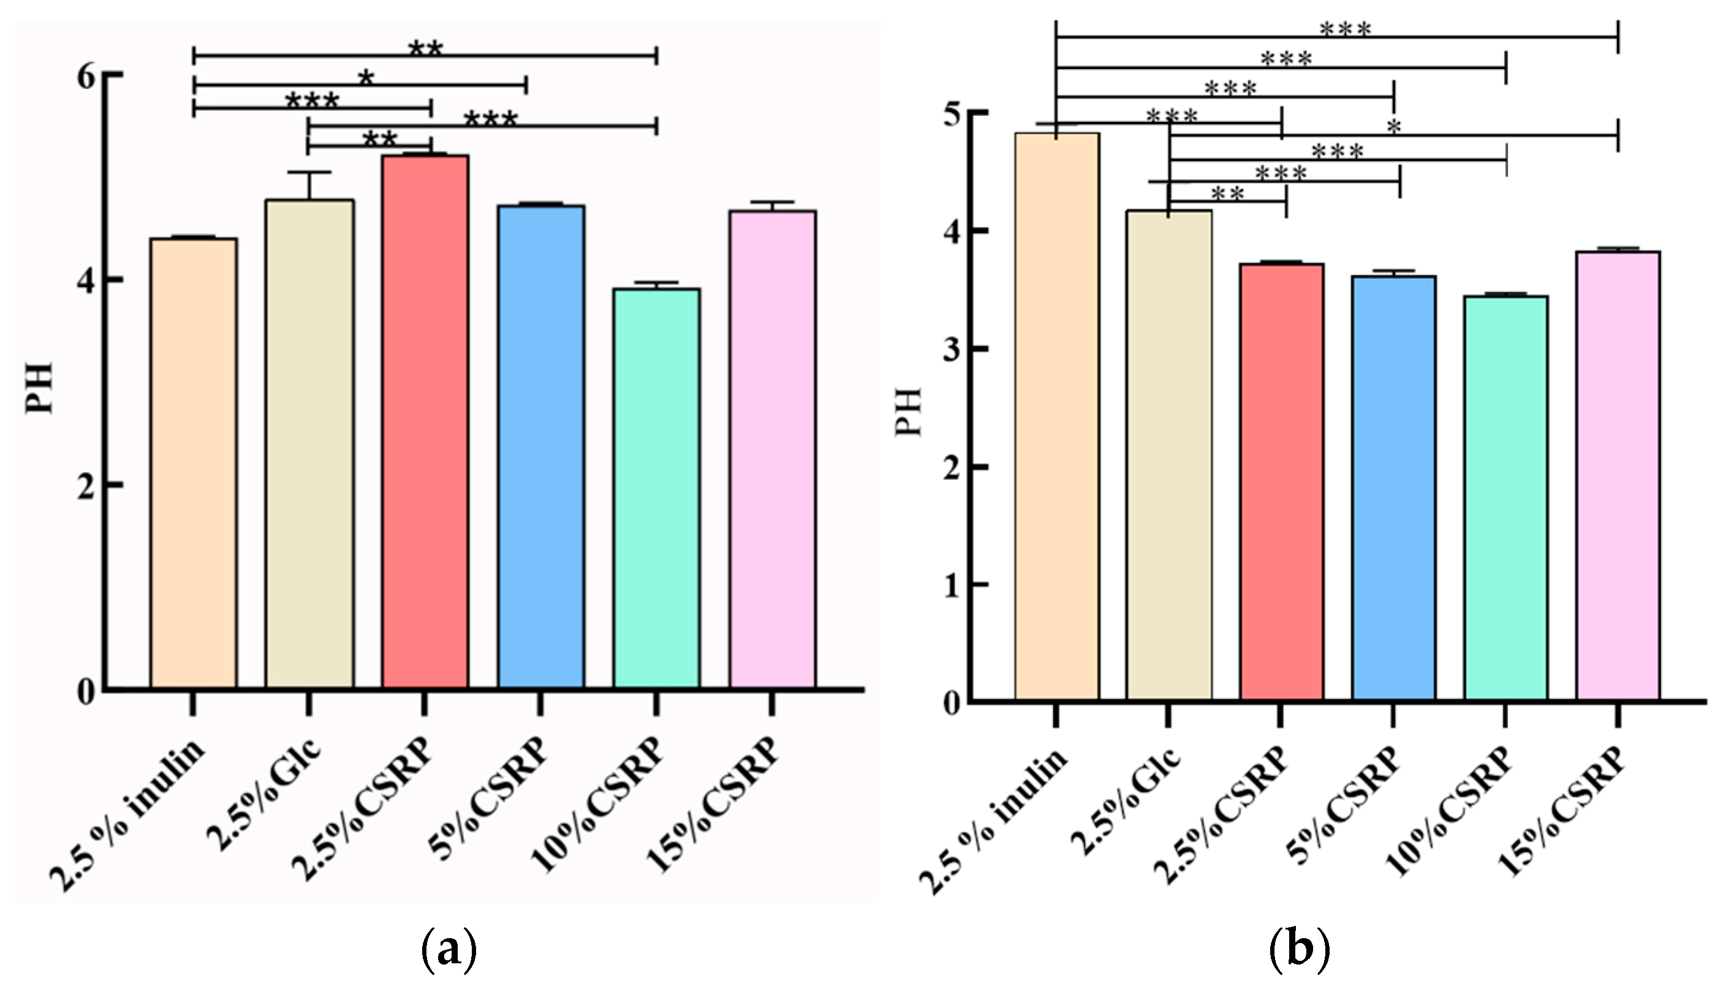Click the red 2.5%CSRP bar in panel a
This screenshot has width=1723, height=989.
tap(425, 421)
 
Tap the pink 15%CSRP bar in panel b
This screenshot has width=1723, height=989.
tap(1618, 475)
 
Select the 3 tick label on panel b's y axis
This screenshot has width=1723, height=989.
tap(952, 350)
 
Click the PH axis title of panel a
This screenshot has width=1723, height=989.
tap(39, 388)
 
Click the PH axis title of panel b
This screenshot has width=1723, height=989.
tap(907, 412)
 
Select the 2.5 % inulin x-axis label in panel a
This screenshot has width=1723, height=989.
tap(129, 815)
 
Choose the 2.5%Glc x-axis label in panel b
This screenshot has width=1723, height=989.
tap(1128, 802)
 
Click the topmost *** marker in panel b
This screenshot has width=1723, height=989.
tap(1345, 29)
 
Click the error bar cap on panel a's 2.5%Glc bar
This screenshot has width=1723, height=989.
tap(309, 173)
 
